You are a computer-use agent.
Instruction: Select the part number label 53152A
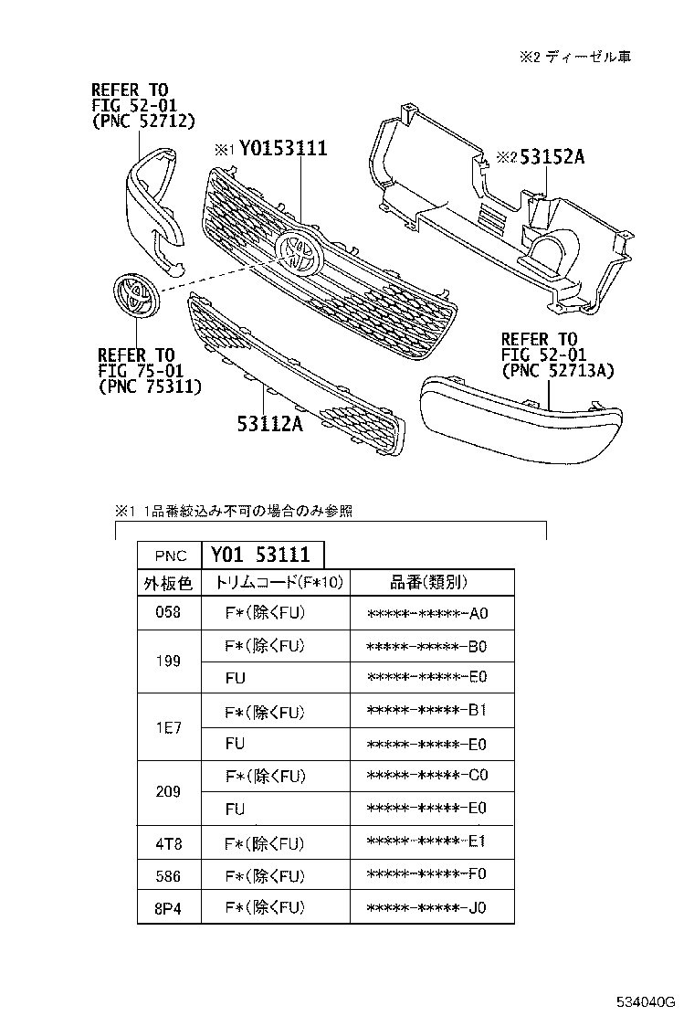(552, 156)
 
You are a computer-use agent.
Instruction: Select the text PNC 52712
(143, 122)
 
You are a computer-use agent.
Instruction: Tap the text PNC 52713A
(557, 370)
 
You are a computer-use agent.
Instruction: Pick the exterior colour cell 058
(168, 613)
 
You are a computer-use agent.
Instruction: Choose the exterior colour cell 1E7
(168, 727)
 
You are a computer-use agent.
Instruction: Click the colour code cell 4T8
(168, 842)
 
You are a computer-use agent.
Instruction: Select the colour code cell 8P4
(168, 908)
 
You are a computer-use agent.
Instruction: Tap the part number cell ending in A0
(427, 613)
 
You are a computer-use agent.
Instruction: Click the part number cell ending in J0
(427, 908)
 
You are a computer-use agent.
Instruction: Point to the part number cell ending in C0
(427, 776)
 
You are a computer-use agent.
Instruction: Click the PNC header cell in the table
(170, 555)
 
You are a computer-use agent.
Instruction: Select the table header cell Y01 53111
(261, 555)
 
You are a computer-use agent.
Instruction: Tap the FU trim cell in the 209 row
(236, 809)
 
